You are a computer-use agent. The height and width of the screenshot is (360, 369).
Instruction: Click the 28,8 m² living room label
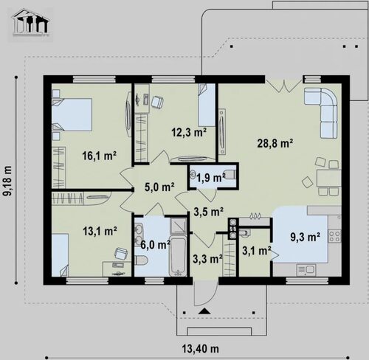[275, 143]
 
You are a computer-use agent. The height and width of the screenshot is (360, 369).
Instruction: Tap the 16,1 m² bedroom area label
[99, 156]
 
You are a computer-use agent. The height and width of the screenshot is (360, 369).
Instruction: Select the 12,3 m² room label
[189, 133]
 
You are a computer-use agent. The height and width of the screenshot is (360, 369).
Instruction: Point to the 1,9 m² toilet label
[211, 178]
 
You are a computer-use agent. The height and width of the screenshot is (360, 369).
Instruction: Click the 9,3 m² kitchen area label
[305, 237]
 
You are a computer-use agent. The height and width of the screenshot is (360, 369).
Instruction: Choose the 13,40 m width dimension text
[201, 349]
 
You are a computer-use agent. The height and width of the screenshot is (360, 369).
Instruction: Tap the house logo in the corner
[31, 22]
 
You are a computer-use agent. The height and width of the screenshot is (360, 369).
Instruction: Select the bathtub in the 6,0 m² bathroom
[178, 257]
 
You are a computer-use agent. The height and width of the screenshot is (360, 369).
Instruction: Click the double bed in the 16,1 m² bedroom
[72, 114]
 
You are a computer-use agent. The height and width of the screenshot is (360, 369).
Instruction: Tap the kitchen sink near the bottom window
[306, 270]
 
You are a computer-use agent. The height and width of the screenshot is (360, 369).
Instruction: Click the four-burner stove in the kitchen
[335, 236]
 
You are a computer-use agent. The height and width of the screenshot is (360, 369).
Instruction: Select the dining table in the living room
[329, 178]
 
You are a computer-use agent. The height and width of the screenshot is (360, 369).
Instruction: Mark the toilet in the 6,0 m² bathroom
[141, 260]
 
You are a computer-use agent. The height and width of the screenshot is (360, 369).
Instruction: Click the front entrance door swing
[205, 293]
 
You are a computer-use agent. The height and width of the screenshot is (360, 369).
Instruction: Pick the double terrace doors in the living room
[284, 86]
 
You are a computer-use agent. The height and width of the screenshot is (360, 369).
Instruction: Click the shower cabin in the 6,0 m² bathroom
[178, 226]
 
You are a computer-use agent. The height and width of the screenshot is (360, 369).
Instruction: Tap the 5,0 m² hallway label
[159, 187]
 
